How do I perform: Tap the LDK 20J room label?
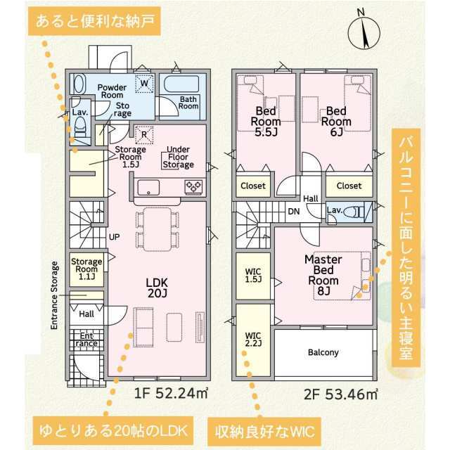(156, 288)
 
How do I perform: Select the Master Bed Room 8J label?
(323, 275)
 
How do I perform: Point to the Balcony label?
(323, 352)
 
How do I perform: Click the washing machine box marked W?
(144, 84)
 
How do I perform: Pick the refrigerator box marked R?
(144, 134)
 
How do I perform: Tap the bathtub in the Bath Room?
(181, 84)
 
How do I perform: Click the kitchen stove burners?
(194, 187)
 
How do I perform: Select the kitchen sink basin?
(148, 188)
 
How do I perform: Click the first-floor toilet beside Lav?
(80, 129)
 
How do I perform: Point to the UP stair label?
(114, 237)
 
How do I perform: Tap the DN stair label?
(294, 212)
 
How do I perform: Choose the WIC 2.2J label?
(253, 339)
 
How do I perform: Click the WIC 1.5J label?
(253, 275)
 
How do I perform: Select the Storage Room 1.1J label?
(86, 269)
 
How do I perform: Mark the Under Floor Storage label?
(178, 157)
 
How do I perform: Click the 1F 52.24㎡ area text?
(171, 393)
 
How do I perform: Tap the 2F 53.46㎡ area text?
(341, 394)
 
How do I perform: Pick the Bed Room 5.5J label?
(266, 121)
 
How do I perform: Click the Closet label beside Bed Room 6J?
(349, 186)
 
